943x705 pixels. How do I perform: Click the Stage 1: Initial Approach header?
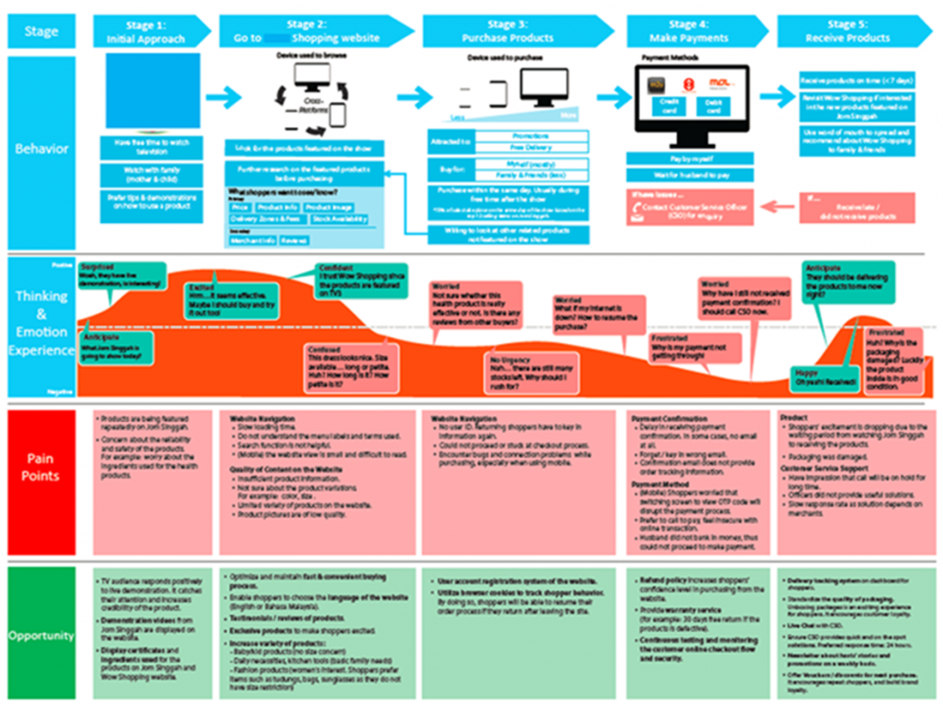coord(147,31)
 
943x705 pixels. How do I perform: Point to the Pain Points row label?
coord(41,467)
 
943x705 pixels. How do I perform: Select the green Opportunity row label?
coord(41,636)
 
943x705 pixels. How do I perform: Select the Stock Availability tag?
coord(340,219)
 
